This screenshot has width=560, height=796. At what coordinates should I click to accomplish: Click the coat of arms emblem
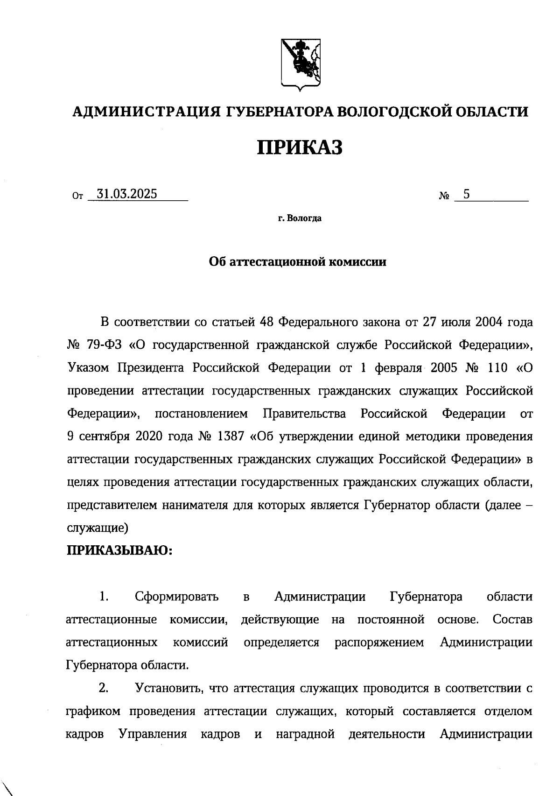300,64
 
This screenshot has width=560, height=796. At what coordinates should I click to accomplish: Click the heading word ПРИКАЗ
300,147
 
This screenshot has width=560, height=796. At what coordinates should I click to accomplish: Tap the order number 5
466,194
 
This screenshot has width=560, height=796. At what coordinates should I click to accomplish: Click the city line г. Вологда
300,218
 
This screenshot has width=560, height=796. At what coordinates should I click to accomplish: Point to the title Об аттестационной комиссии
297,262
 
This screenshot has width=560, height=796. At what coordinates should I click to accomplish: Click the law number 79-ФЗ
105,345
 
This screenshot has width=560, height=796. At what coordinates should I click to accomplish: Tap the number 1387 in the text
228,437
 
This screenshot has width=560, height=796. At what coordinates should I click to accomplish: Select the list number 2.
104,688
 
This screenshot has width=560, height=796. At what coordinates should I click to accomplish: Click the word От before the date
77,197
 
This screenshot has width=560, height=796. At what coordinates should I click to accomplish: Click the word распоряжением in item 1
379,642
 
